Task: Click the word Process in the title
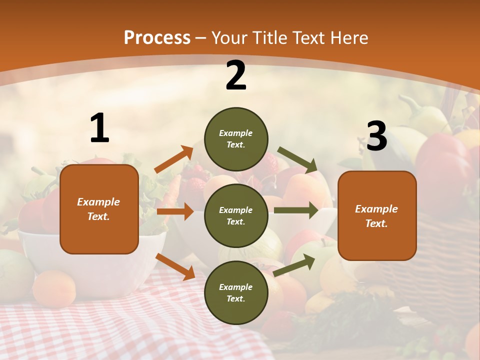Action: pos(157,38)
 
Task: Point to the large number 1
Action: pos(99,128)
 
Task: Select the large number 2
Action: pos(236,75)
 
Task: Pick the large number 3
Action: pos(377,136)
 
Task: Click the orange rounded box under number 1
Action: pos(99,209)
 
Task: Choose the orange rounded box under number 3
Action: pos(377,215)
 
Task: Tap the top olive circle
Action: pos(236,139)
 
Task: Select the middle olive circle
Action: pos(236,215)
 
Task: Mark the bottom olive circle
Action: pos(236,292)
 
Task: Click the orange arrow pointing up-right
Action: pos(174,159)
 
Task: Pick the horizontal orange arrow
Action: pos(175,211)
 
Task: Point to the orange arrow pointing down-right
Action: pos(175,266)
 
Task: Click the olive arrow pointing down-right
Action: pos(297,160)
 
